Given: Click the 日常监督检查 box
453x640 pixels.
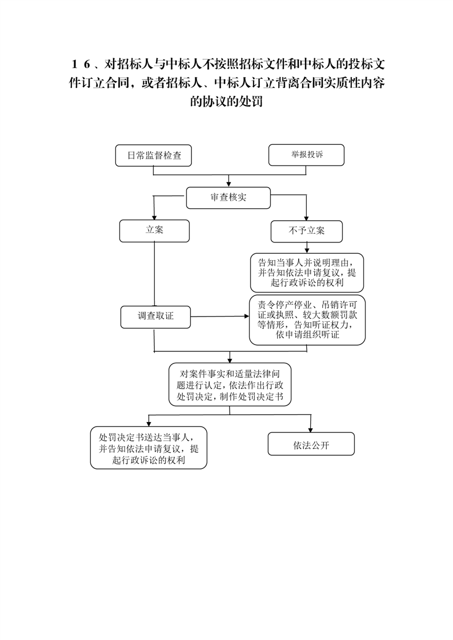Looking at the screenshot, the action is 153,156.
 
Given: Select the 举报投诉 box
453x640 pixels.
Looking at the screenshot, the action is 306,155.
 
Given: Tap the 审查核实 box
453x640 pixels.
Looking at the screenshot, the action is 228,198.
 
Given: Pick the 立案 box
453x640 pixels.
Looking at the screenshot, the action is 154,230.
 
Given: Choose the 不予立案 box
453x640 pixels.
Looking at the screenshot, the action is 307,231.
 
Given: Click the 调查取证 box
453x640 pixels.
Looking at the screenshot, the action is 155,317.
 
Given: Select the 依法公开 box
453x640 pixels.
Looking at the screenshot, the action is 311,444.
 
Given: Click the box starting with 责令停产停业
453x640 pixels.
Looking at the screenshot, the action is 307,320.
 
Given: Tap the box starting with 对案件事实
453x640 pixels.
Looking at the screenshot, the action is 230,384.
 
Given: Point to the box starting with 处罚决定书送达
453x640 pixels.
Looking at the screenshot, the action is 149,448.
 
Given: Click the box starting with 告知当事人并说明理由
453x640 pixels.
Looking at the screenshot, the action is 307,273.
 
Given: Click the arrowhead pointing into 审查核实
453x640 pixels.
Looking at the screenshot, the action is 228,184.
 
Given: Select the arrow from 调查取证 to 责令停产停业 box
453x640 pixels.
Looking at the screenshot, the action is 220,317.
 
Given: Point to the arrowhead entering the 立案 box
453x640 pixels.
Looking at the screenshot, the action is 154,217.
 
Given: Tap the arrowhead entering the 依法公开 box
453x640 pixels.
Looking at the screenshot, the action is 311,430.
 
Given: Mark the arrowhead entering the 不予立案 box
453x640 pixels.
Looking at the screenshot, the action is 307,218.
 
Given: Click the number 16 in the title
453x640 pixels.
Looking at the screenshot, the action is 81,64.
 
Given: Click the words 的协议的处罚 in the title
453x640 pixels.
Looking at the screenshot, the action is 226,101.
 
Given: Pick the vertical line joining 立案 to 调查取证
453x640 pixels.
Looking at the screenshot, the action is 154,274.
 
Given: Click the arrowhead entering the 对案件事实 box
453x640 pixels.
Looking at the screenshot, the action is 230,360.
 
